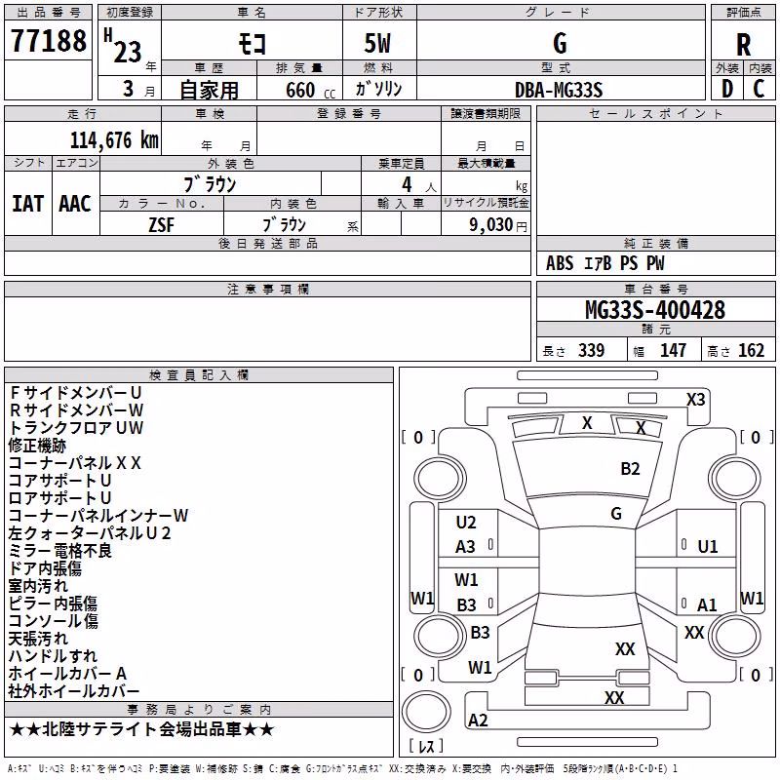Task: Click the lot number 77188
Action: [48, 40]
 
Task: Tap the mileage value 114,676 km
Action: [114, 140]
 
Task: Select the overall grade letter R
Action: [743, 45]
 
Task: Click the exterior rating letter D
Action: [727, 89]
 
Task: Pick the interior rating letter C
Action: [759, 89]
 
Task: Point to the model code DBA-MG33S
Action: [559, 90]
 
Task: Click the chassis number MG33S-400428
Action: [655, 310]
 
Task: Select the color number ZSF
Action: [161, 225]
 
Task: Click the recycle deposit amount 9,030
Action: [491, 224]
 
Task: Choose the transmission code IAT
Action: [27, 204]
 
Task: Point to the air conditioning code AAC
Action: [75, 204]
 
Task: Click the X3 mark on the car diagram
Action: [695, 400]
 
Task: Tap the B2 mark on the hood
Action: [630, 469]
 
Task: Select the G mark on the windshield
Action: [616, 514]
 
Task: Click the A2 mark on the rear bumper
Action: [478, 721]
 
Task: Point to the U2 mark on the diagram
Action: [466, 523]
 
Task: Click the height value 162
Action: [751, 350]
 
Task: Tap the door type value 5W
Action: [377, 43]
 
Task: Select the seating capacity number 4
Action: [407, 184]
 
